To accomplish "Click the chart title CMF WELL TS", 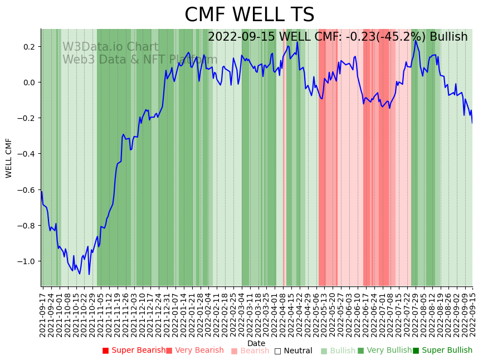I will (249, 15).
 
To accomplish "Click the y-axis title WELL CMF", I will (9, 158).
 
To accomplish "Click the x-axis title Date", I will (256, 343).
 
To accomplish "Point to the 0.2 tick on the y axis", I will (28, 47).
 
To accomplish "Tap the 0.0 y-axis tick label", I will (28, 82).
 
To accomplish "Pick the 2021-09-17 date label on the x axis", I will (43, 313).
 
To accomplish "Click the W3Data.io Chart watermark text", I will (110, 47).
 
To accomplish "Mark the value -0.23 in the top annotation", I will (356, 37).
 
